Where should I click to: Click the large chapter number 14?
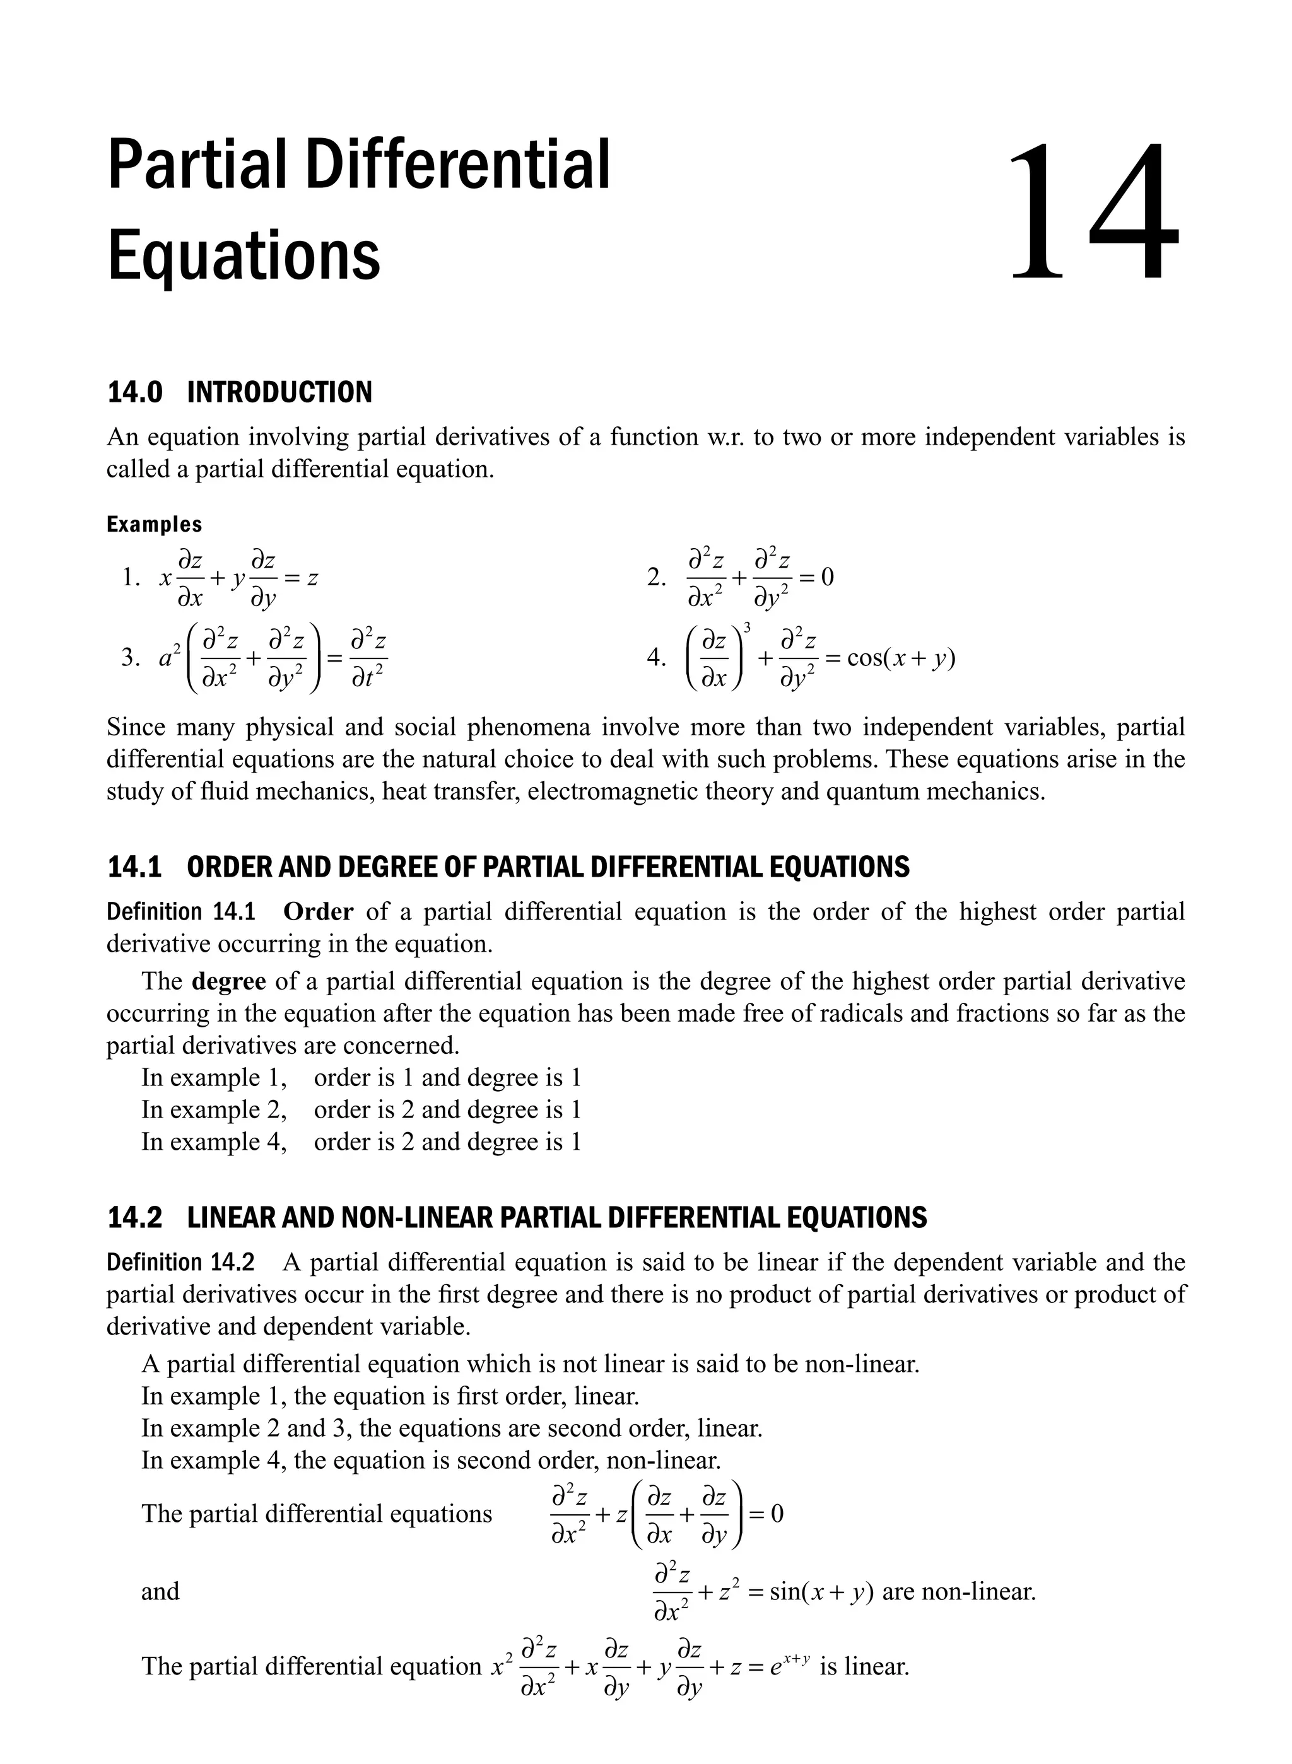click(x=1093, y=211)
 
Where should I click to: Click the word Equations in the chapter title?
click(x=244, y=255)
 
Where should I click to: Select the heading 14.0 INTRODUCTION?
click(x=239, y=392)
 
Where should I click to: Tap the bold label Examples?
click(x=154, y=524)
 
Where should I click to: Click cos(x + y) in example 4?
click(x=901, y=658)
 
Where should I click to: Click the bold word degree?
click(x=228, y=981)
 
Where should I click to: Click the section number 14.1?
click(x=134, y=867)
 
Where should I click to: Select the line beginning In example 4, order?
click(x=361, y=1142)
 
